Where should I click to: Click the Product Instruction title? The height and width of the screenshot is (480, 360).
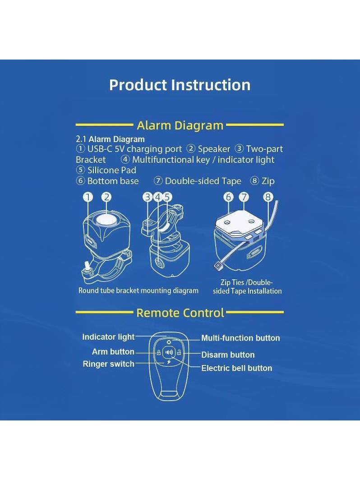[x=180, y=85]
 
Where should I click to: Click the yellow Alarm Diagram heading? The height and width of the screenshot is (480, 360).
[x=180, y=125]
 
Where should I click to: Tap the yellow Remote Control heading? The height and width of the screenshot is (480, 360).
[x=180, y=313]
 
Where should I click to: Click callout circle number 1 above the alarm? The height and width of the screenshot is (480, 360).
[x=88, y=197]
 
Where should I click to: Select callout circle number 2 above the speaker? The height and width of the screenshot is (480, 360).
[x=106, y=197]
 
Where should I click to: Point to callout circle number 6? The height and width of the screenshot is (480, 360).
[x=228, y=197]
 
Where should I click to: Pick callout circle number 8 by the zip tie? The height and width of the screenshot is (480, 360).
[x=268, y=197]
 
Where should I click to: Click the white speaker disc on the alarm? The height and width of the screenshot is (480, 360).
[x=106, y=220]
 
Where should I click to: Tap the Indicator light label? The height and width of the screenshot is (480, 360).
[x=108, y=337]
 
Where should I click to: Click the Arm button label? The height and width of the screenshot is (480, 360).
[x=113, y=352]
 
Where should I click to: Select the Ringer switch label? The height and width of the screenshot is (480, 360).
[x=108, y=364]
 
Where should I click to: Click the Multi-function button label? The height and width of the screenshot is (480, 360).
[x=240, y=338]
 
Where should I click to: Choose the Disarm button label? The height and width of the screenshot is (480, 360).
[x=228, y=355]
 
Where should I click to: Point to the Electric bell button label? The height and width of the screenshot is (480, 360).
[x=237, y=368]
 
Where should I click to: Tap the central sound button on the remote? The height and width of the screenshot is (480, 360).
[x=169, y=352]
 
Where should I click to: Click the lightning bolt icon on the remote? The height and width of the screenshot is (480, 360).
[x=169, y=362]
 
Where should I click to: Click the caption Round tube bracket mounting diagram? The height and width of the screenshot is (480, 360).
[x=138, y=291]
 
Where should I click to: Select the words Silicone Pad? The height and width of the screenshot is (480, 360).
[x=112, y=170]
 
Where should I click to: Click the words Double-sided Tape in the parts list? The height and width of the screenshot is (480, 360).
[x=203, y=181]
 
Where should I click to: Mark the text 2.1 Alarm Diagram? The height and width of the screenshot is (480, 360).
[x=110, y=139]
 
